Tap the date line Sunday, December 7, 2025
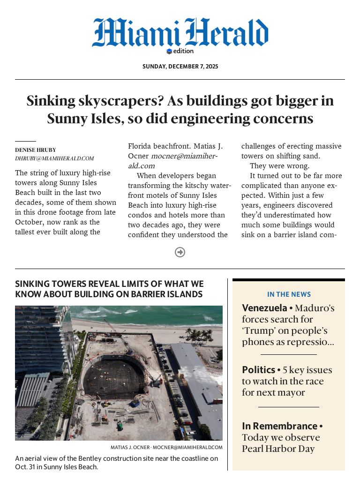pos(180,67)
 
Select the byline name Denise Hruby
pos(35,150)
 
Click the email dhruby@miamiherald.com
pos(54,158)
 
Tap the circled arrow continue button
pos(180,252)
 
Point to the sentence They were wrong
pos(279,166)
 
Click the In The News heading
pos(289,294)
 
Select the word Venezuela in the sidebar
pos(264,308)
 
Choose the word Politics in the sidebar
pos(258,369)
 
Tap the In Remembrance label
pos(279,426)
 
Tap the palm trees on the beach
pos(199,334)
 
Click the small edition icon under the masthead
pos(169,52)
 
